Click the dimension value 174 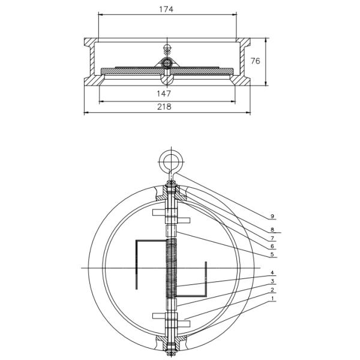click(166, 9)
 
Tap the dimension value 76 click(255, 61)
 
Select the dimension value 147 click(164, 94)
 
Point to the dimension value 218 click(164, 107)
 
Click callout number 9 click(272, 216)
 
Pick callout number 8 click(272, 230)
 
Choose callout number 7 click(272, 238)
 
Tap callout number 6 click(272, 247)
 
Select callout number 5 click(272, 254)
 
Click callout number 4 click(272, 273)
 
